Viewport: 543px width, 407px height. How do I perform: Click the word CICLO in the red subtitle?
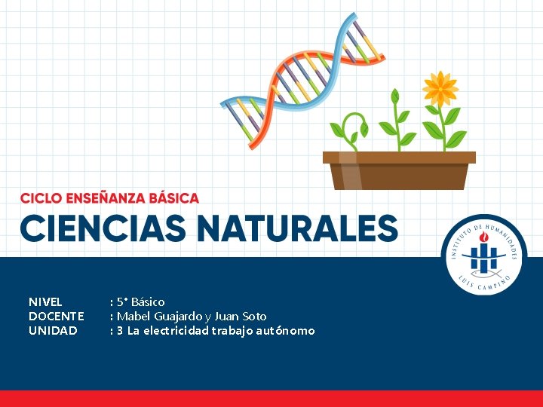point(41,198)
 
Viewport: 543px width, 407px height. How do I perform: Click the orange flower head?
point(440,89)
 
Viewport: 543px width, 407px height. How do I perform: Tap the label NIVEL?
point(45,301)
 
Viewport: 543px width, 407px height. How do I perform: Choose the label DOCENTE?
point(56,316)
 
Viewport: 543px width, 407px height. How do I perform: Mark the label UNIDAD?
point(53,330)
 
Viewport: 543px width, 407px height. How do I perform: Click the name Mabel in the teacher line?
point(133,316)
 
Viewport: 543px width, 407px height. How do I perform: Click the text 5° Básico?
point(140,301)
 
